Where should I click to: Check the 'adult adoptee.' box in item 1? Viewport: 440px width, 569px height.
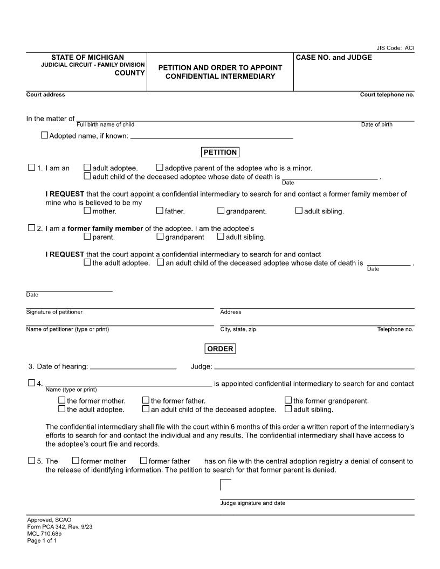point(87,168)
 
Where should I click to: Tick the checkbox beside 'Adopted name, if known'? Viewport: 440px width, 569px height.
point(44,135)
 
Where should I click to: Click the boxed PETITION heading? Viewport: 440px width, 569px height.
point(220,152)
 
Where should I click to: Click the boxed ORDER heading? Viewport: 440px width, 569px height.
point(220,349)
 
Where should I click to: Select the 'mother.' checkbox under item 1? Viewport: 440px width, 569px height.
point(87,211)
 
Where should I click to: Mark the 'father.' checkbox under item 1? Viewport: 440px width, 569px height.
point(160,211)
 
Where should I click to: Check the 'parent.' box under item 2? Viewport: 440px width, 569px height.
point(87,236)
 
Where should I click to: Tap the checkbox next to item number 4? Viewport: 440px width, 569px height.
point(31,383)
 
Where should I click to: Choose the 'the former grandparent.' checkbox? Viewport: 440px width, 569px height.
point(288,400)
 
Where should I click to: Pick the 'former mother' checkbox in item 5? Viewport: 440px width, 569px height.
point(75,461)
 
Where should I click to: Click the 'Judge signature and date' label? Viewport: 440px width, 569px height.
point(252,503)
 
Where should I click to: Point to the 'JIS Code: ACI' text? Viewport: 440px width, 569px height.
point(395,48)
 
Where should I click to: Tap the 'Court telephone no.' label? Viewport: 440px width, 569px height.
point(387,95)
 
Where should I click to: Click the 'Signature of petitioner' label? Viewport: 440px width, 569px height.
point(54,312)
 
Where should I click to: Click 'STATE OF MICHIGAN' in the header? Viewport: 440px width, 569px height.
point(87,57)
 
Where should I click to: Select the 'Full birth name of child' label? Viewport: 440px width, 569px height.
point(105,124)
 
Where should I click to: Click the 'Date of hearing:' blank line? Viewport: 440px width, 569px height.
point(133,367)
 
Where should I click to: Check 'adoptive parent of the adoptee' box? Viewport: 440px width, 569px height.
point(160,168)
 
